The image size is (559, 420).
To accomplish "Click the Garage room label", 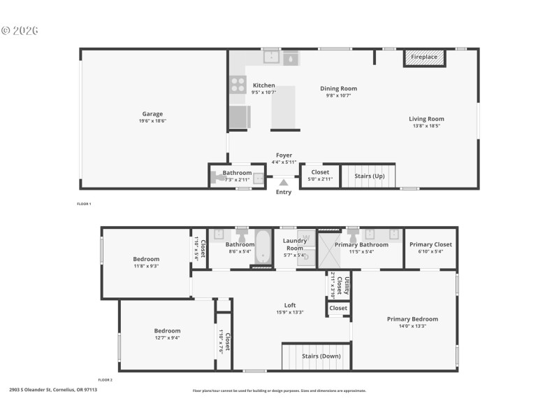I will pyautogui.click(x=152, y=114).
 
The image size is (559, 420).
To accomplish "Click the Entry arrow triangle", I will pyautogui.click(x=284, y=182).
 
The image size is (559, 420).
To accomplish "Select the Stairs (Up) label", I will pyautogui.click(x=369, y=176).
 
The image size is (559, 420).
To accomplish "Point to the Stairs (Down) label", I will pyautogui.click(x=321, y=356).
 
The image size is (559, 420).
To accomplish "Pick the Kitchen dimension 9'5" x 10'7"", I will pyautogui.click(x=263, y=92).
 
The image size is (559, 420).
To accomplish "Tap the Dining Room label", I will pyautogui.click(x=338, y=88).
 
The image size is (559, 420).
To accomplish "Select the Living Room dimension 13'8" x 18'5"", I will pyautogui.click(x=426, y=126).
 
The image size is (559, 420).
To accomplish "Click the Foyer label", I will pyautogui.click(x=284, y=155).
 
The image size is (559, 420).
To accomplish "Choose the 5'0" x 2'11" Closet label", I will pyautogui.click(x=320, y=172).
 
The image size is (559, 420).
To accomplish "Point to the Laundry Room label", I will pyautogui.click(x=294, y=244).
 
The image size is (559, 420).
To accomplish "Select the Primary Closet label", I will pyautogui.click(x=430, y=244).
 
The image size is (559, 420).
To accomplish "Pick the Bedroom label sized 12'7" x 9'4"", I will pyautogui.click(x=167, y=330).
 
